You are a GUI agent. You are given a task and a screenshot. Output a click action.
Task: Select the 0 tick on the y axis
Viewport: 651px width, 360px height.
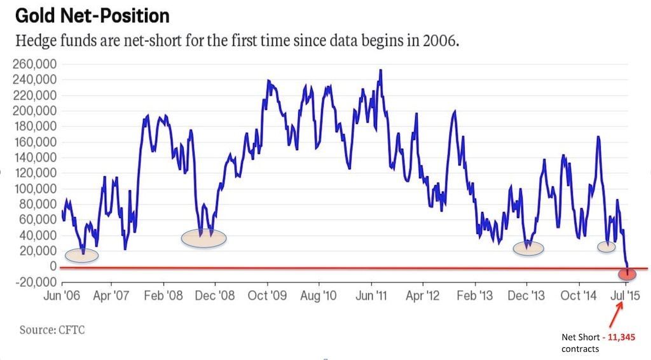coord(53,267)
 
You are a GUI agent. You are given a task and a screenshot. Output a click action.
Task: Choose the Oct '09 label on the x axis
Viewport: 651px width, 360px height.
coord(266,296)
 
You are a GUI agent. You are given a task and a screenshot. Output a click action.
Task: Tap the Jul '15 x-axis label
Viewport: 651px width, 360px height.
coord(626,296)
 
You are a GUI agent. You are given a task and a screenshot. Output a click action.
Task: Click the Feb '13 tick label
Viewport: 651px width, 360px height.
coord(474,296)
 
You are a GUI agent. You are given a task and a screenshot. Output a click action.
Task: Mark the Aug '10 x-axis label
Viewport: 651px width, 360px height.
coord(318,296)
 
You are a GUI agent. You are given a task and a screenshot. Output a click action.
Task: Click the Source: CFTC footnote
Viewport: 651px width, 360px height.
coord(52,330)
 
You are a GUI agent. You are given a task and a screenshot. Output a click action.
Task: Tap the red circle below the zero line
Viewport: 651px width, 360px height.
coord(627,273)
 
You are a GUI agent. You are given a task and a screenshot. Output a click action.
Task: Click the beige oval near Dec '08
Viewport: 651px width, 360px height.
coord(203,238)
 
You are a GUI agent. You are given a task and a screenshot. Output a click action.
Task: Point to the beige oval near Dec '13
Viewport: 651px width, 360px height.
coord(528,248)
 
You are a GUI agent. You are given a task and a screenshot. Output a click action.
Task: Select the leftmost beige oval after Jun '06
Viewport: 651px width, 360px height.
coord(81,255)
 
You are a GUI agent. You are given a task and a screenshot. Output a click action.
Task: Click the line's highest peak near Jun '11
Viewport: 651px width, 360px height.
coord(380,70)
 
